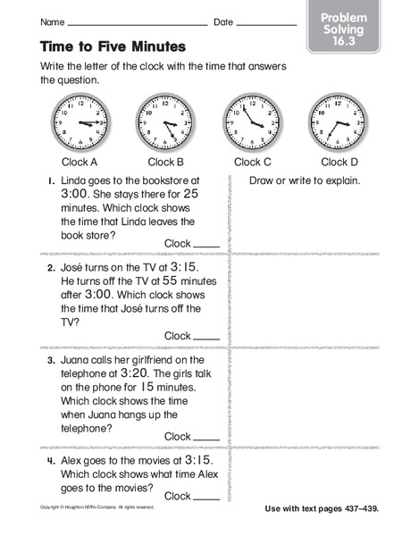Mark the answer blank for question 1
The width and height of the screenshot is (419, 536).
pyautogui.click(x=206, y=244)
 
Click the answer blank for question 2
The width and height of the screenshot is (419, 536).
pyautogui.click(x=206, y=337)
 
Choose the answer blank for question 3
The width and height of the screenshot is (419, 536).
pyautogui.click(x=206, y=437)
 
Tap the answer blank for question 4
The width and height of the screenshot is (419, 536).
pyautogui.click(x=206, y=496)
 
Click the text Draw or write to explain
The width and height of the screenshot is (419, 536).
pyautogui.click(x=305, y=181)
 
